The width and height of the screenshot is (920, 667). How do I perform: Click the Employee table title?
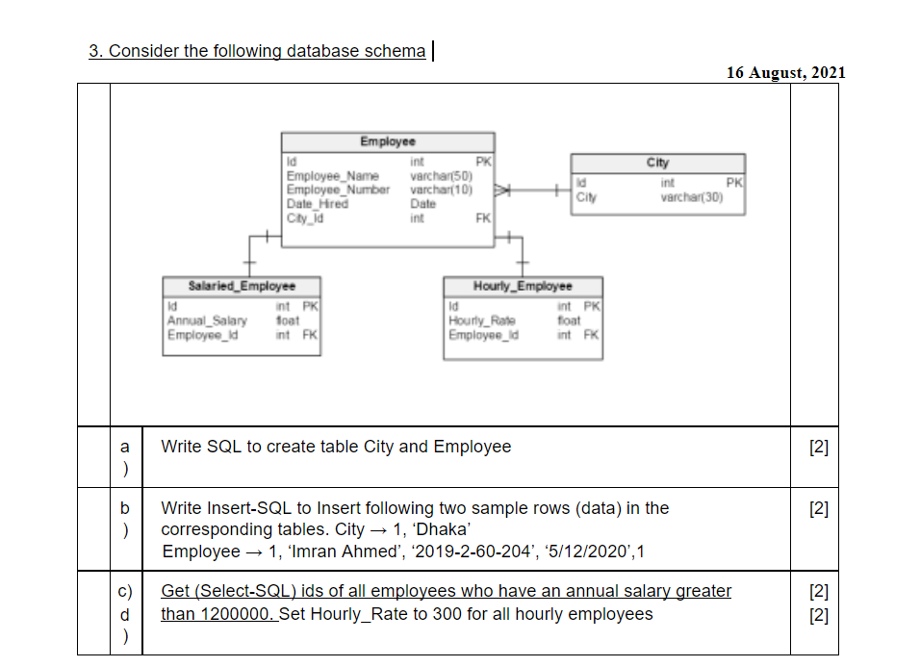click(x=388, y=141)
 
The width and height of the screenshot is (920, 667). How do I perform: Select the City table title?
click(x=657, y=163)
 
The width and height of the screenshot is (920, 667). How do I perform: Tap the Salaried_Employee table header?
click(x=242, y=286)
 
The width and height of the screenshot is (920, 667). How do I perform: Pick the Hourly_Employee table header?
click(x=523, y=286)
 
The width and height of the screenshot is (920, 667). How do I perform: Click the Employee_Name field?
click(x=332, y=176)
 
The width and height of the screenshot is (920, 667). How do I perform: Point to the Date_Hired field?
click(x=318, y=203)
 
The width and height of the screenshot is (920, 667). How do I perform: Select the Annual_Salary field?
click(x=207, y=321)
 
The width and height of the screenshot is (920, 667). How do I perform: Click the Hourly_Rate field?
click(x=482, y=321)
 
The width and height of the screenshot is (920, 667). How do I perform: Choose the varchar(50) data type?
click(x=441, y=176)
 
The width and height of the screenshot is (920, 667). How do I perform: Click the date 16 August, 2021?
click(x=786, y=72)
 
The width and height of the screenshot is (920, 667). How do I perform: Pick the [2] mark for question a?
click(x=819, y=447)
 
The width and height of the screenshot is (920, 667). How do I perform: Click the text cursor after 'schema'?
click(x=433, y=50)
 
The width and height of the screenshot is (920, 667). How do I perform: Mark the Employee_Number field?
click(x=338, y=190)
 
